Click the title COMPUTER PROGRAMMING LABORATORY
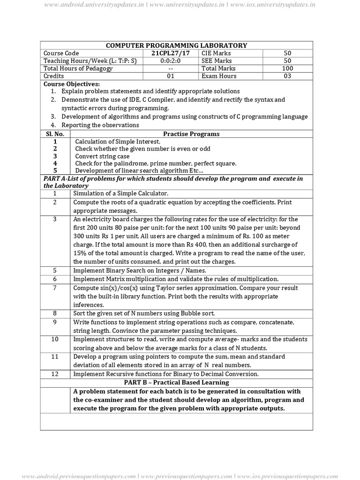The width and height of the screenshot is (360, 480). [176, 45]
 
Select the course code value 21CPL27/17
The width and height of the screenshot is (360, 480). [170, 53]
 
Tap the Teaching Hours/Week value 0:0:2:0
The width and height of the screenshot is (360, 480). [170, 61]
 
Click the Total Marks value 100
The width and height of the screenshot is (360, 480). [287, 68]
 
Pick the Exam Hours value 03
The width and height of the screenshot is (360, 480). [287, 76]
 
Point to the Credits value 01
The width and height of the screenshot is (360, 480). [170, 76]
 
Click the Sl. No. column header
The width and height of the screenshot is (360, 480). [55, 134]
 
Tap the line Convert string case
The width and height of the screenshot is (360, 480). [102, 156]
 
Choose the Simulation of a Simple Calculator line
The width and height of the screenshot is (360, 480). [120, 194]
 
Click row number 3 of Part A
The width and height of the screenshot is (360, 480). [55, 219]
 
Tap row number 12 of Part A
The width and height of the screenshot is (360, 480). [55, 374]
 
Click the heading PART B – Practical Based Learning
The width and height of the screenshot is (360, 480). [176, 382]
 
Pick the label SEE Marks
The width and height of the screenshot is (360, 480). [217, 61]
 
